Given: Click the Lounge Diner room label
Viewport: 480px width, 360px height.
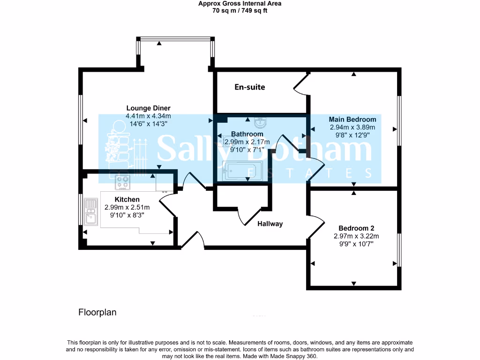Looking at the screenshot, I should [148, 108].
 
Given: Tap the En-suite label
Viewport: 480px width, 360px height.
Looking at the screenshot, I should [250, 87].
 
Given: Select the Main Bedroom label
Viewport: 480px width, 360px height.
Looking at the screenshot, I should [352, 119].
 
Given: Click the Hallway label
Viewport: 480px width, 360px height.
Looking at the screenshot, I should [270, 224].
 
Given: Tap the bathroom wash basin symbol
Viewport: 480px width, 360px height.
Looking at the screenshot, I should [260, 123].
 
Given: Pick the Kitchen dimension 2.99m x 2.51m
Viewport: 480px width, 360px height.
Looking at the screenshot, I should [127, 208].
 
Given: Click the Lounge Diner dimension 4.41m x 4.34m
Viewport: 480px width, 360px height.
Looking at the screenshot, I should [148, 116].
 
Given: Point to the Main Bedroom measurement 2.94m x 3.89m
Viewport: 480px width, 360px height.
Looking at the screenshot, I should [352, 127].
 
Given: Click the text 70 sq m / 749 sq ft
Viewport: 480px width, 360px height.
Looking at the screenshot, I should [240, 10].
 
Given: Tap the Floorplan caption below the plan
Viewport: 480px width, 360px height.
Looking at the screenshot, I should [97, 312].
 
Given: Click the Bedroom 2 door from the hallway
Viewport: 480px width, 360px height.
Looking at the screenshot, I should [316, 227].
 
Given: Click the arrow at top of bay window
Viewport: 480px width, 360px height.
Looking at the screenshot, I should [159, 43].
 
